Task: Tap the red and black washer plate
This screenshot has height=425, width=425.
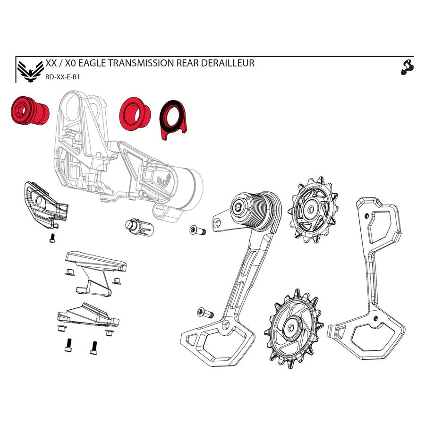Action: pyautogui.click(x=173, y=119)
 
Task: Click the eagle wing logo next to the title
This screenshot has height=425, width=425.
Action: pyautogui.click(x=28, y=70)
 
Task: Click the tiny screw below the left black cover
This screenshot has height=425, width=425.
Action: pyautogui.click(x=52, y=238)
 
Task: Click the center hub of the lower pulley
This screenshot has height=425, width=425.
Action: pyautogui.click(x=289, y=326)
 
